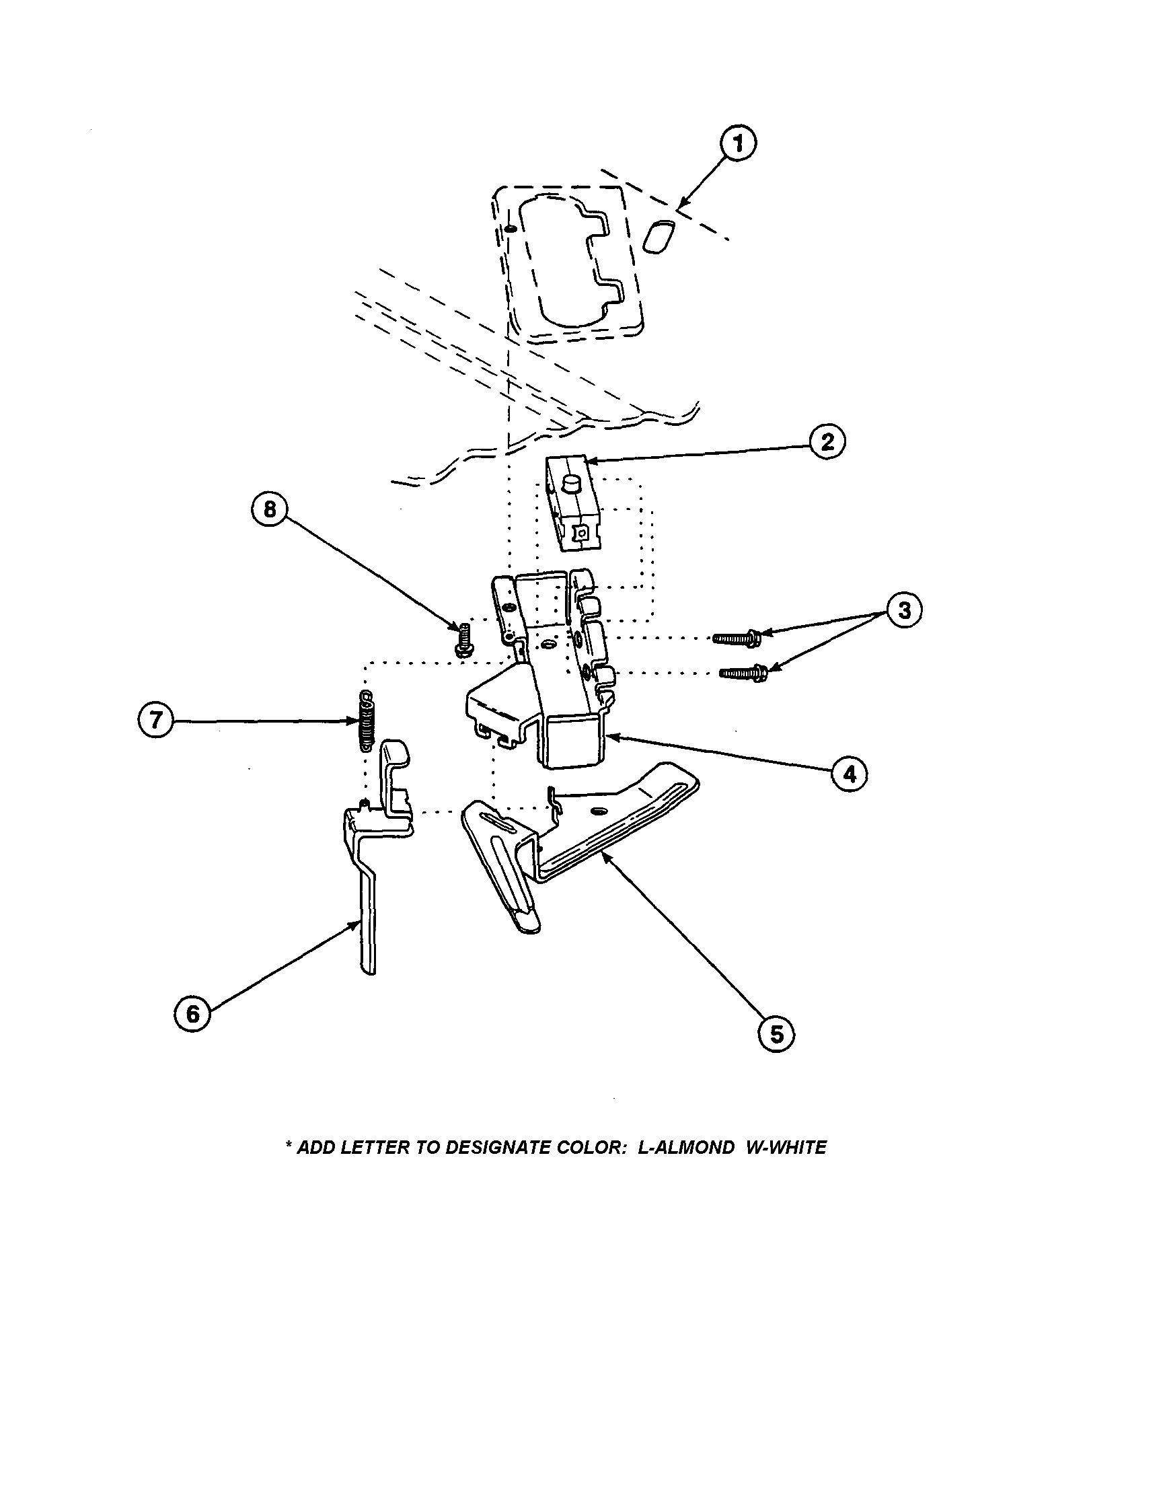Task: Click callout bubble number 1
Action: (739, 143)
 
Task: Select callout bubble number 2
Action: (827, 441)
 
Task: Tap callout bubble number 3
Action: (904, 610)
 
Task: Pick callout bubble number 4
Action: (850, 774)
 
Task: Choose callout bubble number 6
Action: (193, 1013)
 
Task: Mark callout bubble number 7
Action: (157, 721)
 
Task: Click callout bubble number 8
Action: (270, 509)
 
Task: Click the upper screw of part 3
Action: (738, 638)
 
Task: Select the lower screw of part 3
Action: (743, 673)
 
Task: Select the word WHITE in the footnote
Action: (796, 1148)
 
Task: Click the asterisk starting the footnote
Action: (288, 1146)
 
